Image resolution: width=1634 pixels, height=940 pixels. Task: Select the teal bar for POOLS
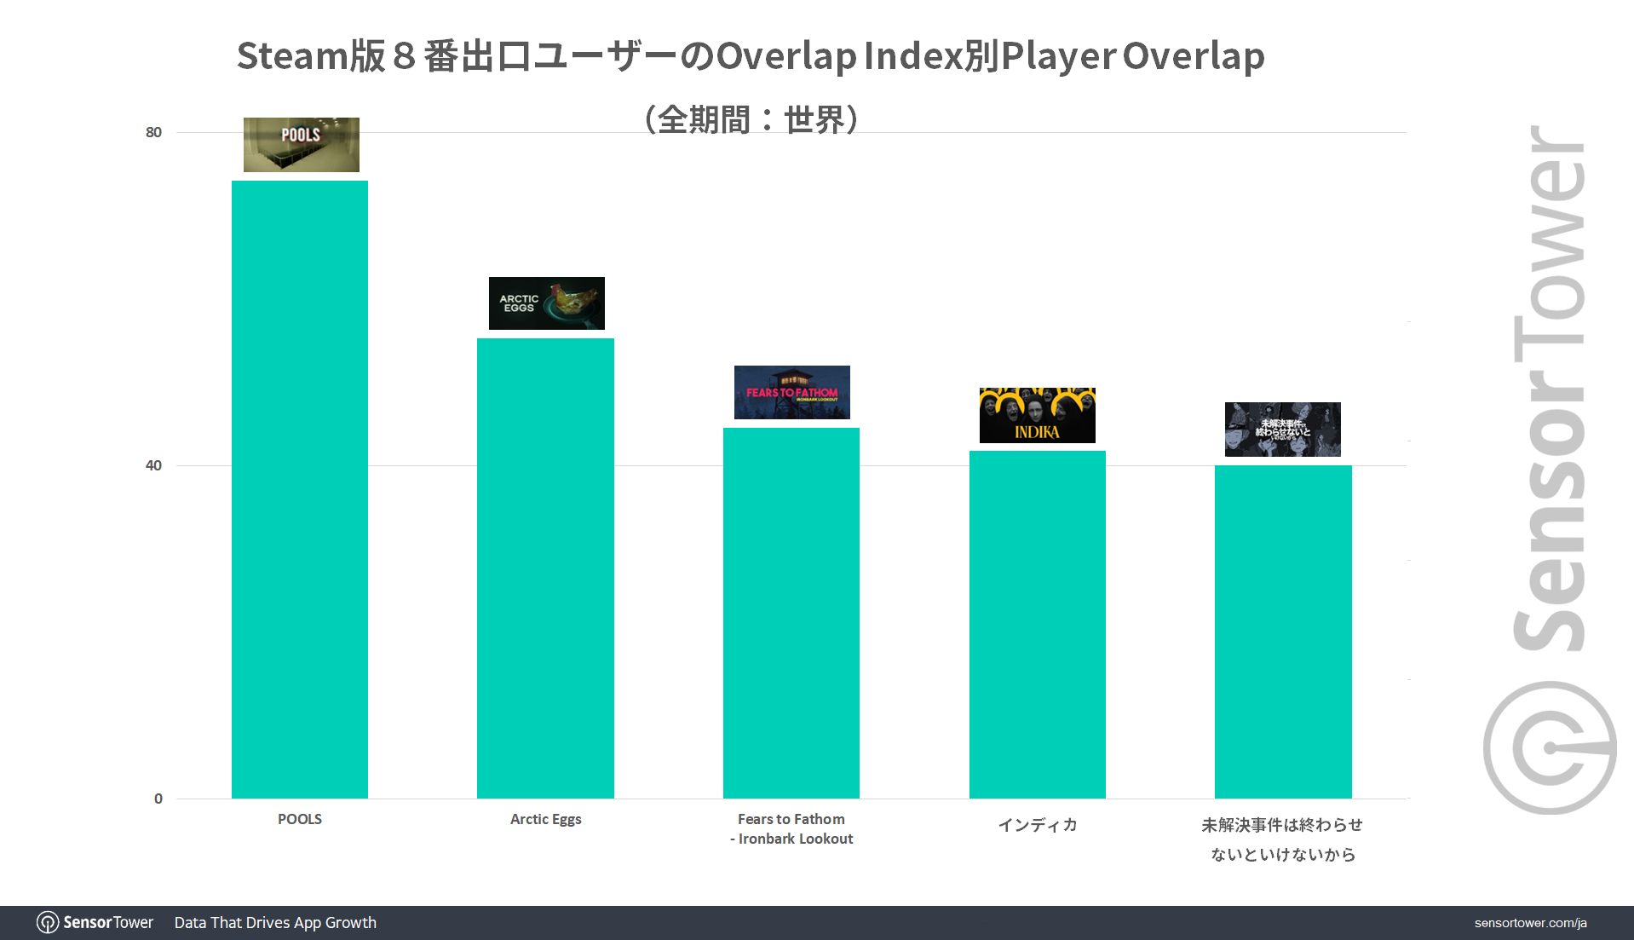(300, 489)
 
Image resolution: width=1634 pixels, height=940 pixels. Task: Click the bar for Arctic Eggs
(545, 568)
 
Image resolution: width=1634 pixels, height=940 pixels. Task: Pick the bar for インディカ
(1037, 624)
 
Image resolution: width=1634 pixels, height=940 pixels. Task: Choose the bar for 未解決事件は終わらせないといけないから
(1283, 631)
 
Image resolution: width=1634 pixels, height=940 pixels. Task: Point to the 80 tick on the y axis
(153, 132)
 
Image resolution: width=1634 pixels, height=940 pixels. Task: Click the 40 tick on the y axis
(153, 465)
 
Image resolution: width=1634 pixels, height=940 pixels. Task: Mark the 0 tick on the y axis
(158, 799)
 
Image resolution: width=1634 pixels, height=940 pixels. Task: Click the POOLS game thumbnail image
(301, 145)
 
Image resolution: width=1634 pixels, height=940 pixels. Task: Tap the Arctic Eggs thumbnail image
(546, 303)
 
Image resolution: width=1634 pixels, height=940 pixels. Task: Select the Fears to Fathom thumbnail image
(791, 392)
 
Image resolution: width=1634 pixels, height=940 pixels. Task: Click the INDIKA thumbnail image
(1037, 415)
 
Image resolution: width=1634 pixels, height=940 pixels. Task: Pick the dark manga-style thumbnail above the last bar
(1282, 429)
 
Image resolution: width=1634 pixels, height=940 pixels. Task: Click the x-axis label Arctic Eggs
(545, 819)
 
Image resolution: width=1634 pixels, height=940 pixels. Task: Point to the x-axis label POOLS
(300, 819)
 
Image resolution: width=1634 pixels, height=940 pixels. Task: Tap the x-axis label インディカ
(1037, 825)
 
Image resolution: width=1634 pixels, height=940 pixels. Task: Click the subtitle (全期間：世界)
(751, 119)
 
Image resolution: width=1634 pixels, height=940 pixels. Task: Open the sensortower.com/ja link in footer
(1530, 923)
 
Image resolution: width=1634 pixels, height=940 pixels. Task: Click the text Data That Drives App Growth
(275, 923)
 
